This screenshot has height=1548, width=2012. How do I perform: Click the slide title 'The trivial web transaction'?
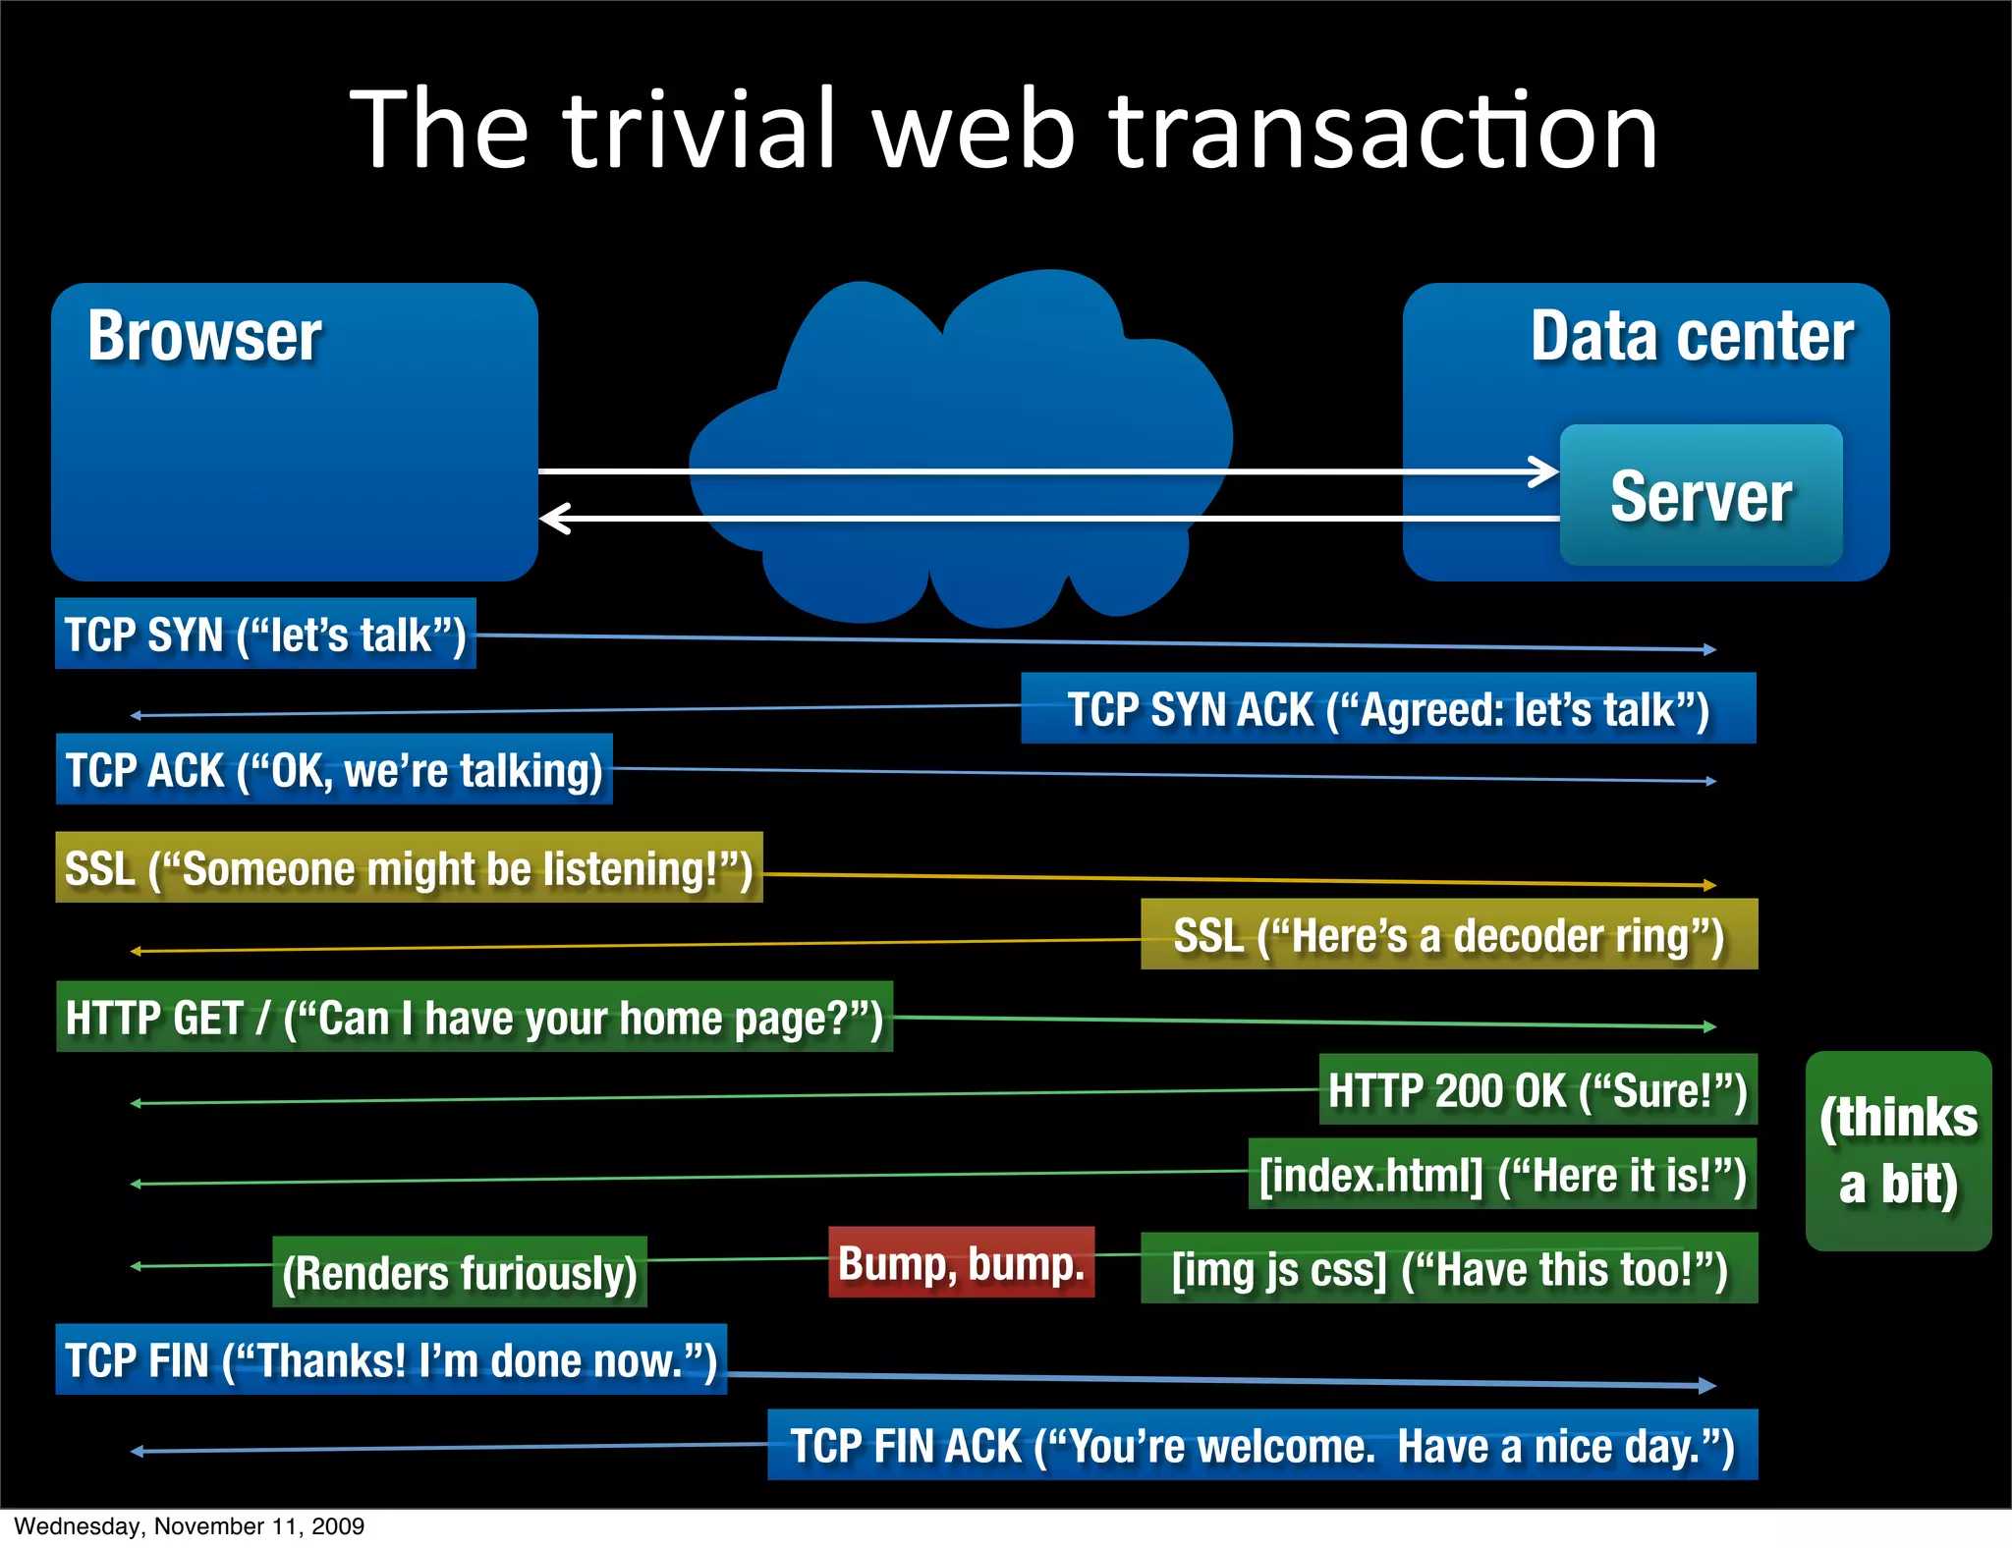(1004, 131)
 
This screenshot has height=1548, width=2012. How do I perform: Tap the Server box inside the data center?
(1701, 495)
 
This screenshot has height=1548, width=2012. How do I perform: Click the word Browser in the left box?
(204, 337)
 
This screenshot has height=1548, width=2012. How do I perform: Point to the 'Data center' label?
(1692, 337)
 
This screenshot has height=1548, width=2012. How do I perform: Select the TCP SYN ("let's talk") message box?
(265, 635)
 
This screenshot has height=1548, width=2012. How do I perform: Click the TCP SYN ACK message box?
(1388, 709)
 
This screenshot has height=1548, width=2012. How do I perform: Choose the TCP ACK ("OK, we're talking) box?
(334, 770)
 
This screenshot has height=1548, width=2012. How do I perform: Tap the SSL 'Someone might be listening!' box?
(409, 868)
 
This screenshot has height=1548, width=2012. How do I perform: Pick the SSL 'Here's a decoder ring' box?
(1449, 935)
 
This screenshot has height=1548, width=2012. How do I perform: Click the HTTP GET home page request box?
(475, 1018)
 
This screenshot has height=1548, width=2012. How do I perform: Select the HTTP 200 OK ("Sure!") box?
(1537, 1090)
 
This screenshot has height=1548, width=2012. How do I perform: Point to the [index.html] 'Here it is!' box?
(1502, 1175)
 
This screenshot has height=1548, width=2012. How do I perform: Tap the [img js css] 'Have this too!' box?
(1449, 1269)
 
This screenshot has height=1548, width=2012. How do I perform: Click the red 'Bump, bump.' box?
(961, 1263)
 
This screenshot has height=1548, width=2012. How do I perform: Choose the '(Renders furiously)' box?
(460, 1273)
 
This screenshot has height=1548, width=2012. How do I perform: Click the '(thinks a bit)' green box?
(1898, 1151)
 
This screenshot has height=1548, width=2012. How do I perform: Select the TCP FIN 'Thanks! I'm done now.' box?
(391, 1360)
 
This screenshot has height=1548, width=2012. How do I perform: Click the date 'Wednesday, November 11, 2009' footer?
(190, 1526)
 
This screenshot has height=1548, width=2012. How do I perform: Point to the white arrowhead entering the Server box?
(1546, 471)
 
